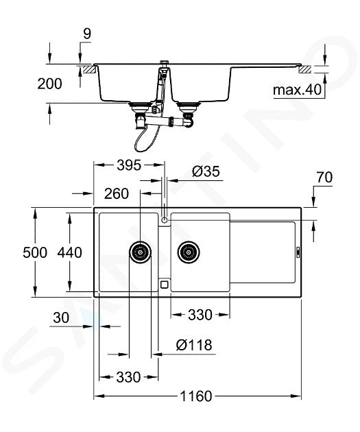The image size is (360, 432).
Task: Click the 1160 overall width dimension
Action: (196, 396)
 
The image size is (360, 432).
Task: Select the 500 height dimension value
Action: (35, 252)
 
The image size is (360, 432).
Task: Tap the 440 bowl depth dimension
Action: (70, 252)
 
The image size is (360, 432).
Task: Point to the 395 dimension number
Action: (129, 165)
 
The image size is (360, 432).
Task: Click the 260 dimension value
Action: (117, 193)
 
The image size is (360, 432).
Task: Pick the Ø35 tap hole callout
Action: (206, 171)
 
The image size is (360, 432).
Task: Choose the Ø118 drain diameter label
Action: (194, 345)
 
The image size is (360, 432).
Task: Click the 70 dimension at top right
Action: (324, 177)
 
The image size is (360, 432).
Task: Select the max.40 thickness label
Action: (298, 90)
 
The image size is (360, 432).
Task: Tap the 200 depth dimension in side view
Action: (49, 84)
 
